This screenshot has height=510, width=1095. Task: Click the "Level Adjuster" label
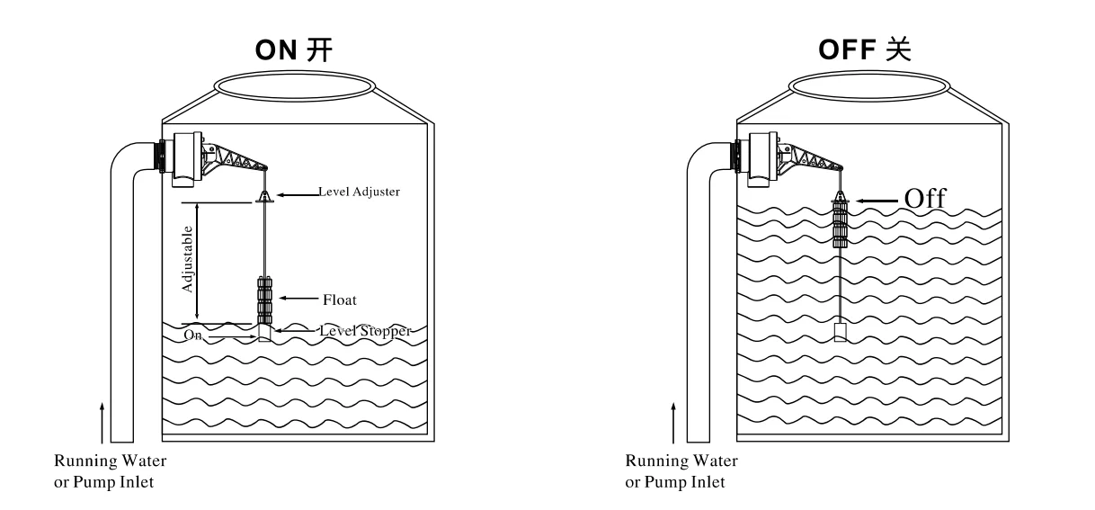coord(359,192)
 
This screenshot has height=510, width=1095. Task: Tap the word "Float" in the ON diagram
coord(340,300)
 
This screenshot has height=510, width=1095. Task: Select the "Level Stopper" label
coord(365,331)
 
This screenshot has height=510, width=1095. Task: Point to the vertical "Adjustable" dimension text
coord(187,259)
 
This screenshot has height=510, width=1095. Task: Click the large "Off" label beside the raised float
coord(925,199)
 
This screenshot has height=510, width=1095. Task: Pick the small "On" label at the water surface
coord(192,335)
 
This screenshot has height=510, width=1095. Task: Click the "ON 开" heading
coord(294,49)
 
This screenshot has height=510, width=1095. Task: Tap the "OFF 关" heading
coord(864,49)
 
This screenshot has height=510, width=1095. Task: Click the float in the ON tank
coord(264,300)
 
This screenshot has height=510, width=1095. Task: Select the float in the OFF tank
coord(840,223)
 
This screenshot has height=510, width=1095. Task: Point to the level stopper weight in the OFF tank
coord(841,331)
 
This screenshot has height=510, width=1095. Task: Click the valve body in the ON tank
coord(185,159)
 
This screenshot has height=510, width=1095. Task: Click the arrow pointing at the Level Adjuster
coord(298,195)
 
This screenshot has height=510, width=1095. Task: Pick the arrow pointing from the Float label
coord(298,298)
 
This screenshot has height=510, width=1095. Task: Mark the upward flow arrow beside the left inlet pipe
coord(102,423)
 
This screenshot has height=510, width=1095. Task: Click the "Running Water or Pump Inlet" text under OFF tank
coord(681,471)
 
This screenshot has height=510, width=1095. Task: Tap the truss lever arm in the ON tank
coord(236,157)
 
